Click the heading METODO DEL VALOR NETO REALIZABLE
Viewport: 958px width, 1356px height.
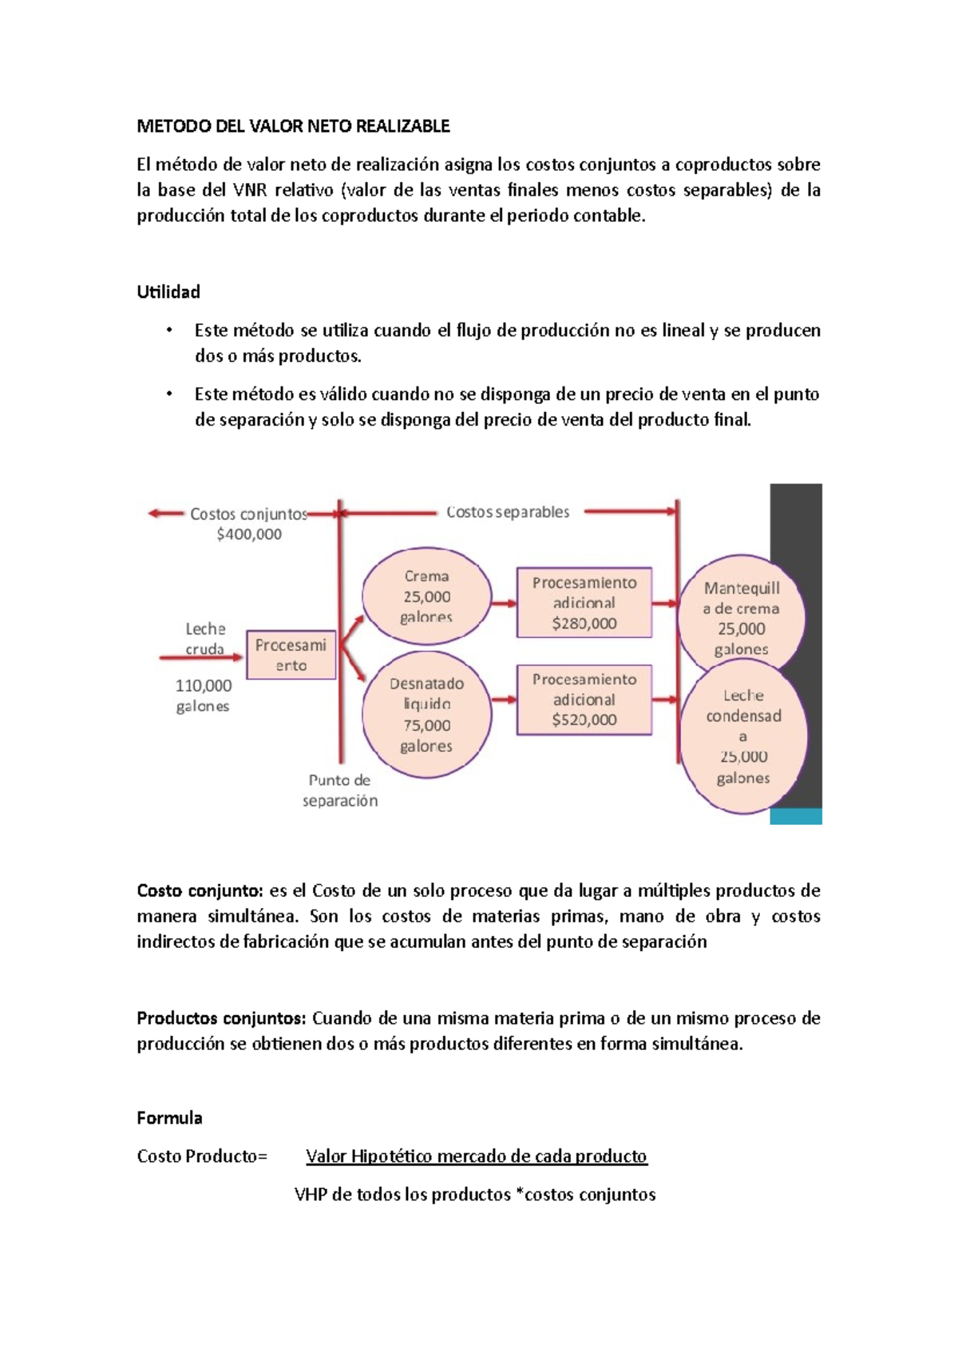[293, 126]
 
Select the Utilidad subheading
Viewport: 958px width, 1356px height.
[168, 292]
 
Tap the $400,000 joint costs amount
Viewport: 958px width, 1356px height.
[249, 534]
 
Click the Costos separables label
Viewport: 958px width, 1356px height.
[508, 512]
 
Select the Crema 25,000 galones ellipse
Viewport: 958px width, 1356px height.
[426, 596]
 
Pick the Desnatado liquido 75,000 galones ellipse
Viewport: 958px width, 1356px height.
[426, 715]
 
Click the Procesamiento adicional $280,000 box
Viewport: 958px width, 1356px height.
[584, 603]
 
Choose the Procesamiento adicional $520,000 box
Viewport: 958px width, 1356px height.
[584, 700]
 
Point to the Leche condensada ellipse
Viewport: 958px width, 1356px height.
[742, 736]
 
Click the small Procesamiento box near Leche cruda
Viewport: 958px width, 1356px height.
[291, 655]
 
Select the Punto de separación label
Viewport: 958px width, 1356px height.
[340, 790]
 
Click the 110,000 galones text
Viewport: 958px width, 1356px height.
[204, 695]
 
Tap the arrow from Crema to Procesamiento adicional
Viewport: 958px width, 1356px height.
[503, 604]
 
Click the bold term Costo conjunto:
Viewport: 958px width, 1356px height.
[200, 890]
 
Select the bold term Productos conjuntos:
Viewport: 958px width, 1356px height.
[221, 1018]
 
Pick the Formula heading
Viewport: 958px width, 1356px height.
[169, 1118]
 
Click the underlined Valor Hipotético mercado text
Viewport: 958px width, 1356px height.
[476, 1156]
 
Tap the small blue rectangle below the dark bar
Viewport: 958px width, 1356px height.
[795, 816]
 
